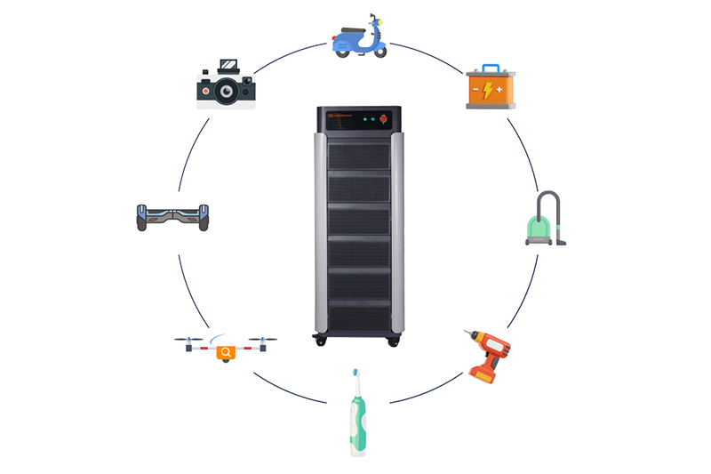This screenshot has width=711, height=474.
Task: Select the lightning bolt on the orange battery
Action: [x=489, y=90]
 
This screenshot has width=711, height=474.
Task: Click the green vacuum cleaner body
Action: [x=538, y=233]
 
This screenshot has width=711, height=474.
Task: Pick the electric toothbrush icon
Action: [x=356, y=414]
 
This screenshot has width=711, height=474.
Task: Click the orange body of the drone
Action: [x=226, y=352]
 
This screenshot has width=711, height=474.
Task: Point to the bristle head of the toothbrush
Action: [x=355, y=374]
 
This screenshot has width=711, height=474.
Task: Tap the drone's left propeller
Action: [x=189, y=339]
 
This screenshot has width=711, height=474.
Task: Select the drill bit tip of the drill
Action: [x=465, y=333]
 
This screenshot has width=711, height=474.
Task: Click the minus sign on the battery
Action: [x=476, y=90]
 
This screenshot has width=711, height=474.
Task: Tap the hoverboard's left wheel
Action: [x=141, y=217]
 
